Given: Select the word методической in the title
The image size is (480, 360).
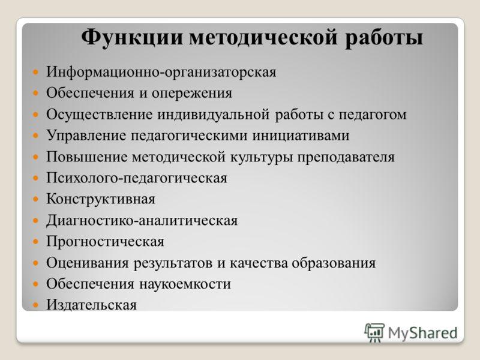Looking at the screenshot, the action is [x=263, y=38].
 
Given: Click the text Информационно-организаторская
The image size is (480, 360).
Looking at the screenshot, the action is [x=161, y=73].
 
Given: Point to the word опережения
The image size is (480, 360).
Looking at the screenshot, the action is [x=191, y=94].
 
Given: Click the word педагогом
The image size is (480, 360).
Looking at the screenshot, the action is [x=372, y=115].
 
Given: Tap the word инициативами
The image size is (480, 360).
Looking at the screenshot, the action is [x=301, y=136].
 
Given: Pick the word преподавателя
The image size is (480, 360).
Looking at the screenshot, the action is [x=346, y=157].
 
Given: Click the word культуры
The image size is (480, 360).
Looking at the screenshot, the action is [x=262, y=157].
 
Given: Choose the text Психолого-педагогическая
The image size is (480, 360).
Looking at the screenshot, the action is [x=137, y=178].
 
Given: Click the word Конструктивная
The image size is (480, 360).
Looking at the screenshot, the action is [x=101, y=199].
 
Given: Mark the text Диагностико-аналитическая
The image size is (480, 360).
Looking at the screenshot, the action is [x=142, y=220].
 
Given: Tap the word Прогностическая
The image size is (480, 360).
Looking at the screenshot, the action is [x=106, y=242].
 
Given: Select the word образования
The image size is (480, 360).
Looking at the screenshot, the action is [x=334, y=263].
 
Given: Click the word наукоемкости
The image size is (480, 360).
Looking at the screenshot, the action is [x=185, y=284].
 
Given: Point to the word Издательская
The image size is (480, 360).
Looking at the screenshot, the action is [x=91, y=305].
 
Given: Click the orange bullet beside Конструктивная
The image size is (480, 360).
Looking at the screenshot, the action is [x=36, y=199].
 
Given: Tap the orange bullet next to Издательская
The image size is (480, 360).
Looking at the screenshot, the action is [x=36, y=305].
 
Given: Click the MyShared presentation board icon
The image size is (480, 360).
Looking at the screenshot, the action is [x=374, y=332].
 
